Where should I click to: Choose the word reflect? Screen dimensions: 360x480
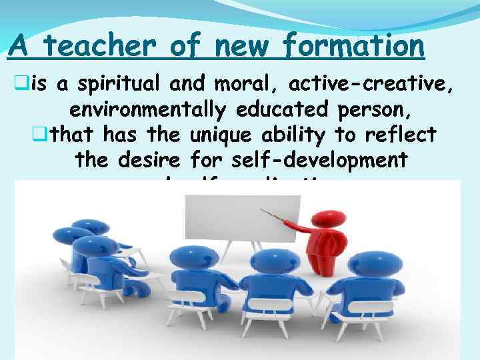pos(400,135)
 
